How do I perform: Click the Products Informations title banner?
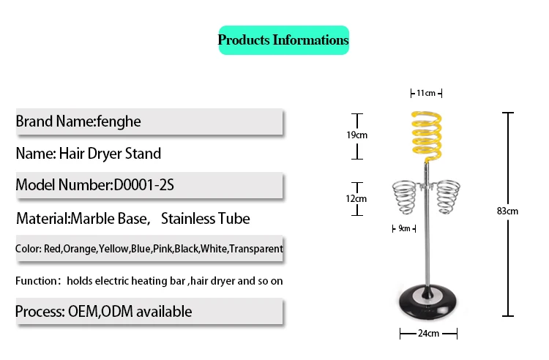(283, 40)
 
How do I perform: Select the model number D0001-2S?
(143, 185)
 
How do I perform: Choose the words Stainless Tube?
(205, 218)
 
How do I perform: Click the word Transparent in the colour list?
(256, 250)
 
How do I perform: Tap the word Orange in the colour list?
(80, 250)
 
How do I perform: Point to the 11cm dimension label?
(426, 93)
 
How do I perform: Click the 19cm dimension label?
(357, 135)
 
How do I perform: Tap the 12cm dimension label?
(357, 198)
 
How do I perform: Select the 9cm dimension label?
(404, 228)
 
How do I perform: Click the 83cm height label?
(507, 211)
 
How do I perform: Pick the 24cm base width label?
(428, 334)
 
